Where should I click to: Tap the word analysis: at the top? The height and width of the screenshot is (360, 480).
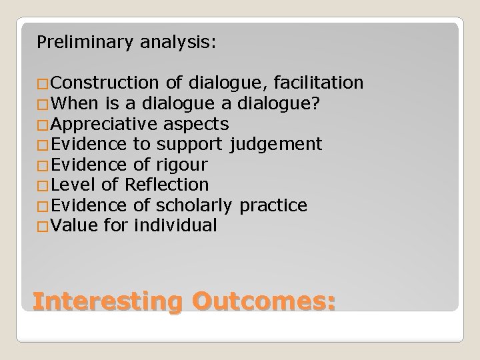point(178,43)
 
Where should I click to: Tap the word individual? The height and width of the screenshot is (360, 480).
point(176,225)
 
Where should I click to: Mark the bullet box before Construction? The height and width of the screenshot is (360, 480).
point(43,85)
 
